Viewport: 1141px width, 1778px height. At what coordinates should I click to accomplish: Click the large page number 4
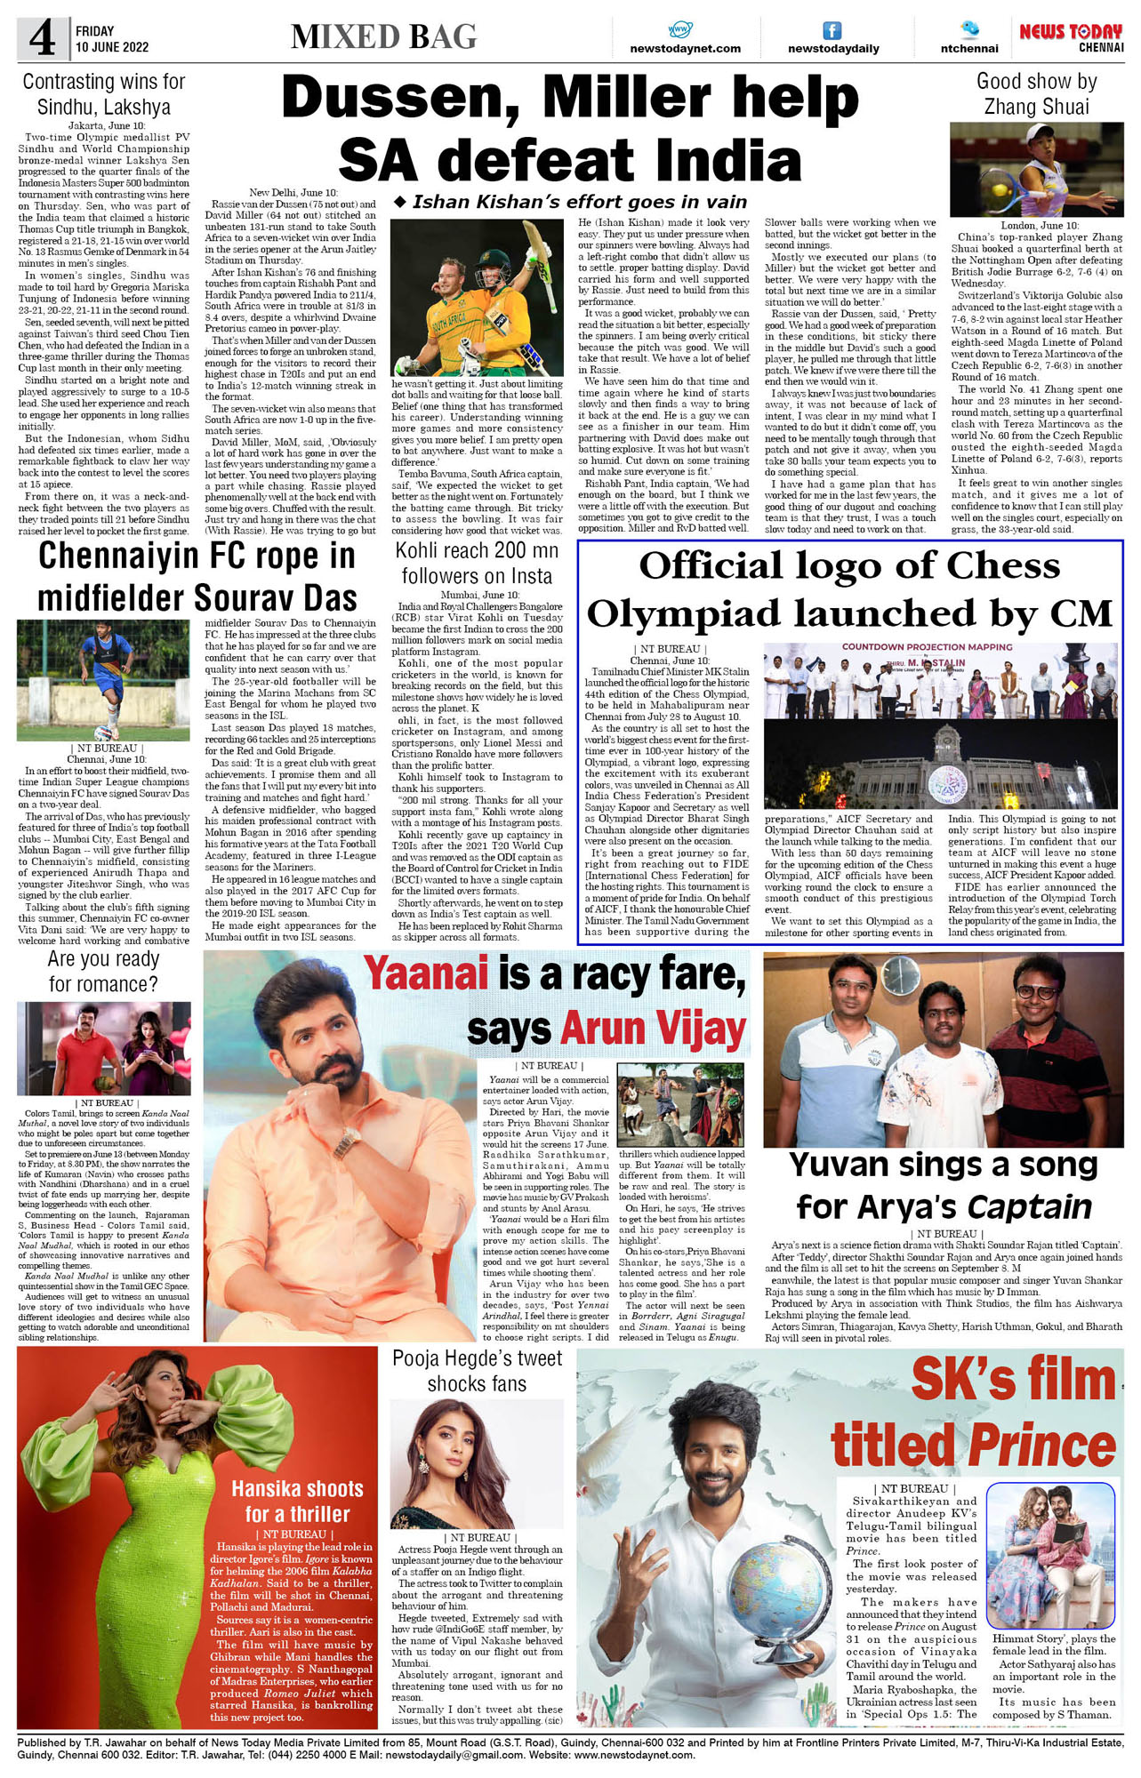[41, 39]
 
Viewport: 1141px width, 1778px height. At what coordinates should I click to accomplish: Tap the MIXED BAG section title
[383, 36]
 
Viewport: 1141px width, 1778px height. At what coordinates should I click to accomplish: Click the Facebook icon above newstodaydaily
[832, 30]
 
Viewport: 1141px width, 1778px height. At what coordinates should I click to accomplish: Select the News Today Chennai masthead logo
[1071, 36]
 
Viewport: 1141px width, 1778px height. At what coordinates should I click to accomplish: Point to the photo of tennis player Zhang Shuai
[1036, 170]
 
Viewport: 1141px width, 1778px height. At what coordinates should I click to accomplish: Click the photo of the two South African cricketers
[477, 297]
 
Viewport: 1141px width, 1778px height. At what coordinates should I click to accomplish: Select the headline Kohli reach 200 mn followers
[477, 563]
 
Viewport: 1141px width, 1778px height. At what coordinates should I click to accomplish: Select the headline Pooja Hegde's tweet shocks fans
[477, 1370]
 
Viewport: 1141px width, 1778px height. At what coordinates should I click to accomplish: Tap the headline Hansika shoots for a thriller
[297, 1501]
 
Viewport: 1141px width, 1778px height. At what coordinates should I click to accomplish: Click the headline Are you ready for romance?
[104, 971]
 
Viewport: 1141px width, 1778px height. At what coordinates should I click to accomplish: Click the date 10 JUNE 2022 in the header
[112, 47]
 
